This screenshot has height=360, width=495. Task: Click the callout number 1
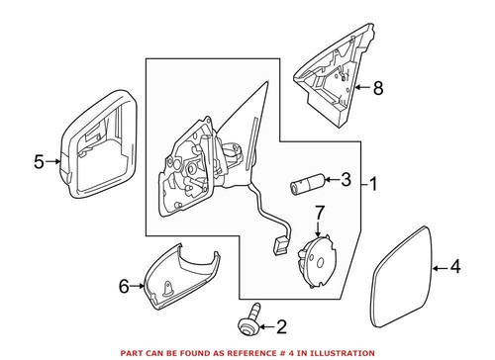pyautogui.click(x=373, y=183)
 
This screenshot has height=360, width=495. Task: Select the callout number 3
pyautogui.click(x=345, y=180)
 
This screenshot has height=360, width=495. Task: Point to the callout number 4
pyautogui.click(x=455, y=265)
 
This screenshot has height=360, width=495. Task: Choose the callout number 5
pyautogui.click(x=39, y=161)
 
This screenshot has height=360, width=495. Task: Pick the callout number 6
pyautogui.click(x=124, y=287)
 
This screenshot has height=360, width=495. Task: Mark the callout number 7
pyautogui.click(x=320, y=212)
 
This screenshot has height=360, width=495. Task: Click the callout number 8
pyautogui.click(x=377, y=88)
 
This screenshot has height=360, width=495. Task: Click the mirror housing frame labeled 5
pyautogui.click(x=96, y=148)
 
